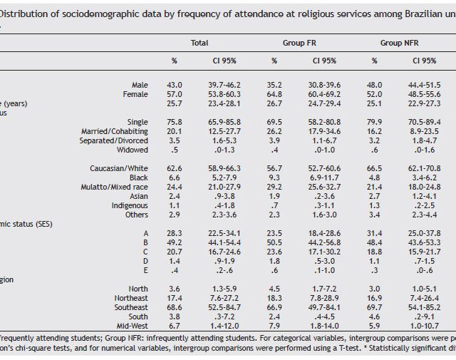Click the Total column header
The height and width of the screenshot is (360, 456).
tap(199, 43)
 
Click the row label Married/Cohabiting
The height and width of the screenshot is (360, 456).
tap(118, 131)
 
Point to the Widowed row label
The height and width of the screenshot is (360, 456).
tap(132, 150)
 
